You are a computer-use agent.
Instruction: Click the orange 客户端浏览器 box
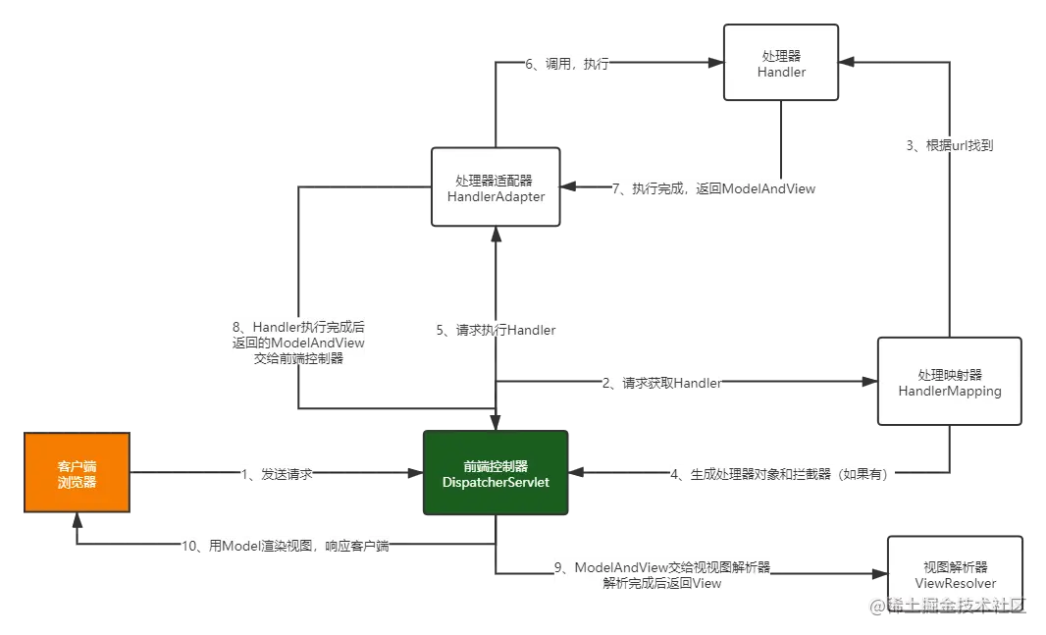(x=78, y=474)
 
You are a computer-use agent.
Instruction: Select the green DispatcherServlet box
(x=495, y=473)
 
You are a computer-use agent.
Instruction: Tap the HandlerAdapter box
(x=496, y=187)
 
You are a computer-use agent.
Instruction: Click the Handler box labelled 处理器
(x=781, y=63)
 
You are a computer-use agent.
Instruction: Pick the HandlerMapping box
(x=949, y=382)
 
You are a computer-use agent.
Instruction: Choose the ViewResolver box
(x=954, y=574)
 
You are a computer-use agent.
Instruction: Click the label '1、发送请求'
(x=275, y=475)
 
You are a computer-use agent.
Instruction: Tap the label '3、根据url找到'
(x=949, y=145)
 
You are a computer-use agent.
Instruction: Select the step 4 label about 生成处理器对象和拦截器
(x=778, y=475)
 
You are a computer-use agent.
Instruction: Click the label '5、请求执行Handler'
(x=496, y=331)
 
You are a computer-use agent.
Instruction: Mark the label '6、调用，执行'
(x=567, y=64)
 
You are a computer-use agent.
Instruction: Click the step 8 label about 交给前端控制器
(x=298, y=343)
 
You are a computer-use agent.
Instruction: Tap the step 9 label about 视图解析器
(x=662, y=575)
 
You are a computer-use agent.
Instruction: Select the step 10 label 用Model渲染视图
(x=286, y=547)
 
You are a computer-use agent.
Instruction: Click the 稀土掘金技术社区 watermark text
(x=947, y=605)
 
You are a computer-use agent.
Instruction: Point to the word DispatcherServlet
(x=495, y=482)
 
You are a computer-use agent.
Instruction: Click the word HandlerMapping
(x=949, y=391)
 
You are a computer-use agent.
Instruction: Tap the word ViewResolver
(x=955, y=583)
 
